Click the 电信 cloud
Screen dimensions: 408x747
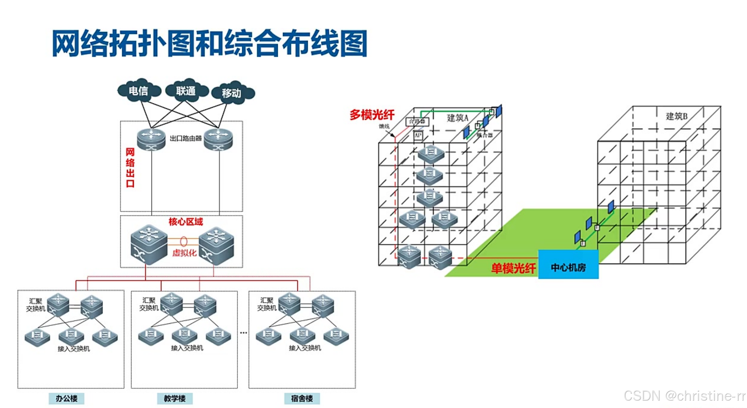(x=138, y=91)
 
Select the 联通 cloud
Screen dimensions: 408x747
(x=186, y=91)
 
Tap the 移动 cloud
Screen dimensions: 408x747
(x=232, y=93)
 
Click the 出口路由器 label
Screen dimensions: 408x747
(x=186, y=138)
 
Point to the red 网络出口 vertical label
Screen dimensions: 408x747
(x=130, y=167)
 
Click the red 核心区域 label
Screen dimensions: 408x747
(x=186, y=221)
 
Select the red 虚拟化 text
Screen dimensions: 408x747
(x=184, y=253)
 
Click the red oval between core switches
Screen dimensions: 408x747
(x=184, y=241)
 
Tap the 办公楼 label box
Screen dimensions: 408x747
(x=66, y=398)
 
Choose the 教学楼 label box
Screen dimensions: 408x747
(x=175, y=398)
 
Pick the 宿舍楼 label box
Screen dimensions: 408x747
(x=302, y=398)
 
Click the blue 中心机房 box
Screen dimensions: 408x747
(x=568, y=267)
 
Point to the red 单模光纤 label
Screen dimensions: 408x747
(x=513, y=268)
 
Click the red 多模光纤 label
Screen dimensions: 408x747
(x=372, y=115)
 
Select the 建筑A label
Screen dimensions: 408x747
(x=457, y=118)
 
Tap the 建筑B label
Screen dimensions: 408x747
(x=676, y=116)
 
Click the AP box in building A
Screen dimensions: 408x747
(x=418, y=136)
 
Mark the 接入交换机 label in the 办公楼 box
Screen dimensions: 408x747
(x=74, y=349)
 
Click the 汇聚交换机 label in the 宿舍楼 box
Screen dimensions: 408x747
(x=267, y=304)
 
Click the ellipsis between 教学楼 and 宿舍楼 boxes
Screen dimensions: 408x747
(x=243, y=333)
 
